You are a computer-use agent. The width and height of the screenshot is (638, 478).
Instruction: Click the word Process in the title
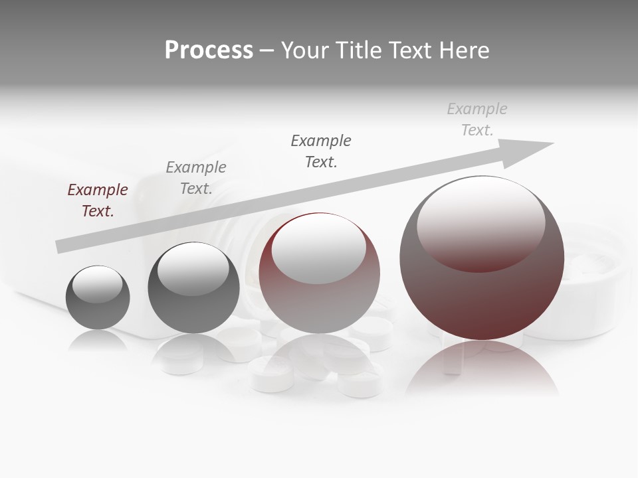coord(209,50)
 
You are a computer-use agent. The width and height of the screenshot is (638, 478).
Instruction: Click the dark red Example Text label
coord(98,200)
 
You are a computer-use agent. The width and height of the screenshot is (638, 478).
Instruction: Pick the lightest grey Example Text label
coord(477,119)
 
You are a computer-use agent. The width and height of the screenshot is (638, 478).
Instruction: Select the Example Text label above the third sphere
coord(321,151)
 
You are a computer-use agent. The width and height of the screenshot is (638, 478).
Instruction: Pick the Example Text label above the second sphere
coord(196,178)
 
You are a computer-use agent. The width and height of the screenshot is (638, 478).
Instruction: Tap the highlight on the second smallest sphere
coord(193,269)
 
